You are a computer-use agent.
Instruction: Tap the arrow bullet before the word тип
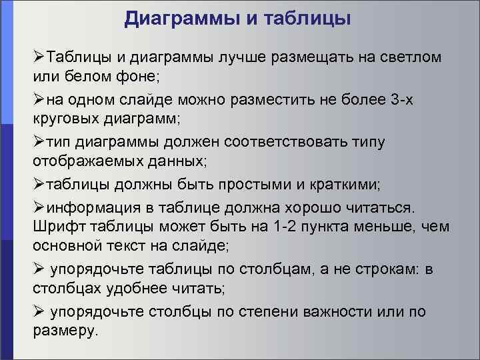[39, 143]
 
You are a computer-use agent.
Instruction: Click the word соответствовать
[292, 143]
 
